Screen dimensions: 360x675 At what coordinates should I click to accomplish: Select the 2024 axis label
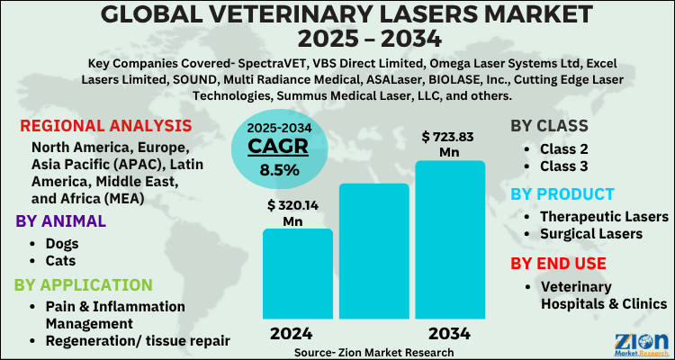[x=297, y=333]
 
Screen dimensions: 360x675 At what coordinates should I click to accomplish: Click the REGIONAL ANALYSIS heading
[x=105, y=125]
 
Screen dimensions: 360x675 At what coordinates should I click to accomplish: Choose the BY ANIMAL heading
[x=62, y=221]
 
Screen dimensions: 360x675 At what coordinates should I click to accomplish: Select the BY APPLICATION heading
[x=84, y=285]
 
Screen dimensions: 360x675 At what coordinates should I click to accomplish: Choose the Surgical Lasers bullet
[x=590, y=235]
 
